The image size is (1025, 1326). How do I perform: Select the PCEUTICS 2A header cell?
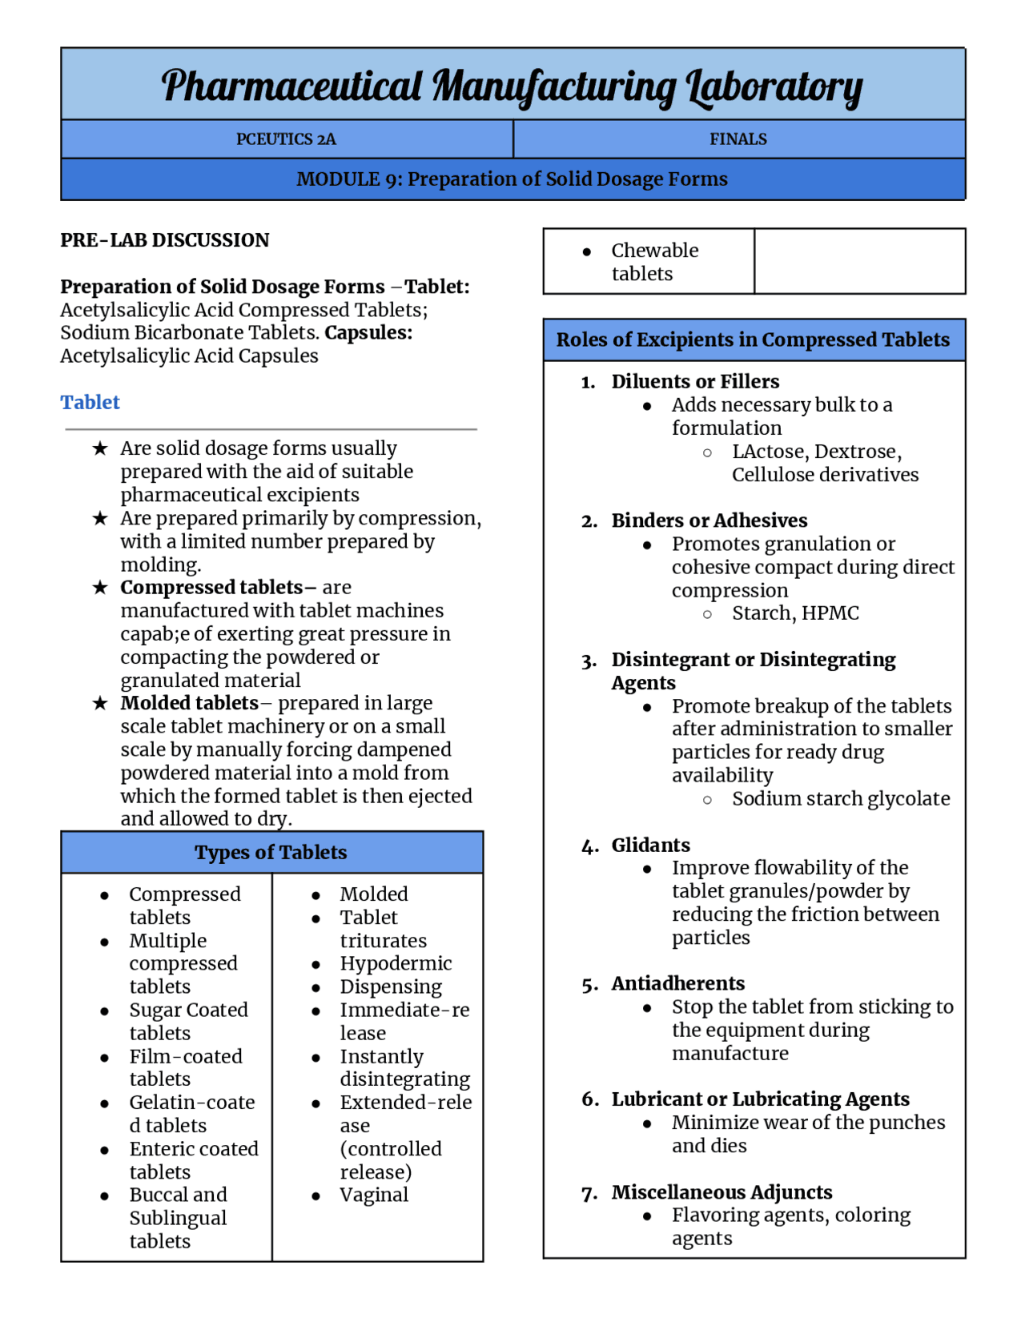point(286,139)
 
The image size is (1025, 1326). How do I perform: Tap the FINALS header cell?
point(738,139)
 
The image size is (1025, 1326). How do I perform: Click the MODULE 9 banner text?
point(512,179)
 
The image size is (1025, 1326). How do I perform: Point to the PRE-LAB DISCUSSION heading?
point(164,240)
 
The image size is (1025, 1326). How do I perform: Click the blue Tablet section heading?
point(90,402)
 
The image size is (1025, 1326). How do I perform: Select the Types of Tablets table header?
point(271,853)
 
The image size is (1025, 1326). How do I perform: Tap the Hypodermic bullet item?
point(396,963)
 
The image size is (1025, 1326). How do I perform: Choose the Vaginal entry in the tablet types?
point(374,1195)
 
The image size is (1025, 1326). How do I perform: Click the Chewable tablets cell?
point(653,262)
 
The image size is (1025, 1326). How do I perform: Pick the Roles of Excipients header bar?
point(753,340)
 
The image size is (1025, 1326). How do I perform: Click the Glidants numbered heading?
point(650,846)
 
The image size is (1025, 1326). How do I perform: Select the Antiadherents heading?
point(677,983)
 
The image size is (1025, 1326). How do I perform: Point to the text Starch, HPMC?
point(794,613)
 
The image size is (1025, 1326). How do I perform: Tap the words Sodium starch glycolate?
point(840,799)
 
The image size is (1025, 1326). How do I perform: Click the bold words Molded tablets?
point(189,703)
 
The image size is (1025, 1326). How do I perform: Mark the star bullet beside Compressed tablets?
point(100,588)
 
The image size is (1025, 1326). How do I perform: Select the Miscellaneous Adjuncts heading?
point(722,1192)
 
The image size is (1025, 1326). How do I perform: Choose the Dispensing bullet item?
point(391,986)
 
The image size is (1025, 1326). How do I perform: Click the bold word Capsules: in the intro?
point(368,333)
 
